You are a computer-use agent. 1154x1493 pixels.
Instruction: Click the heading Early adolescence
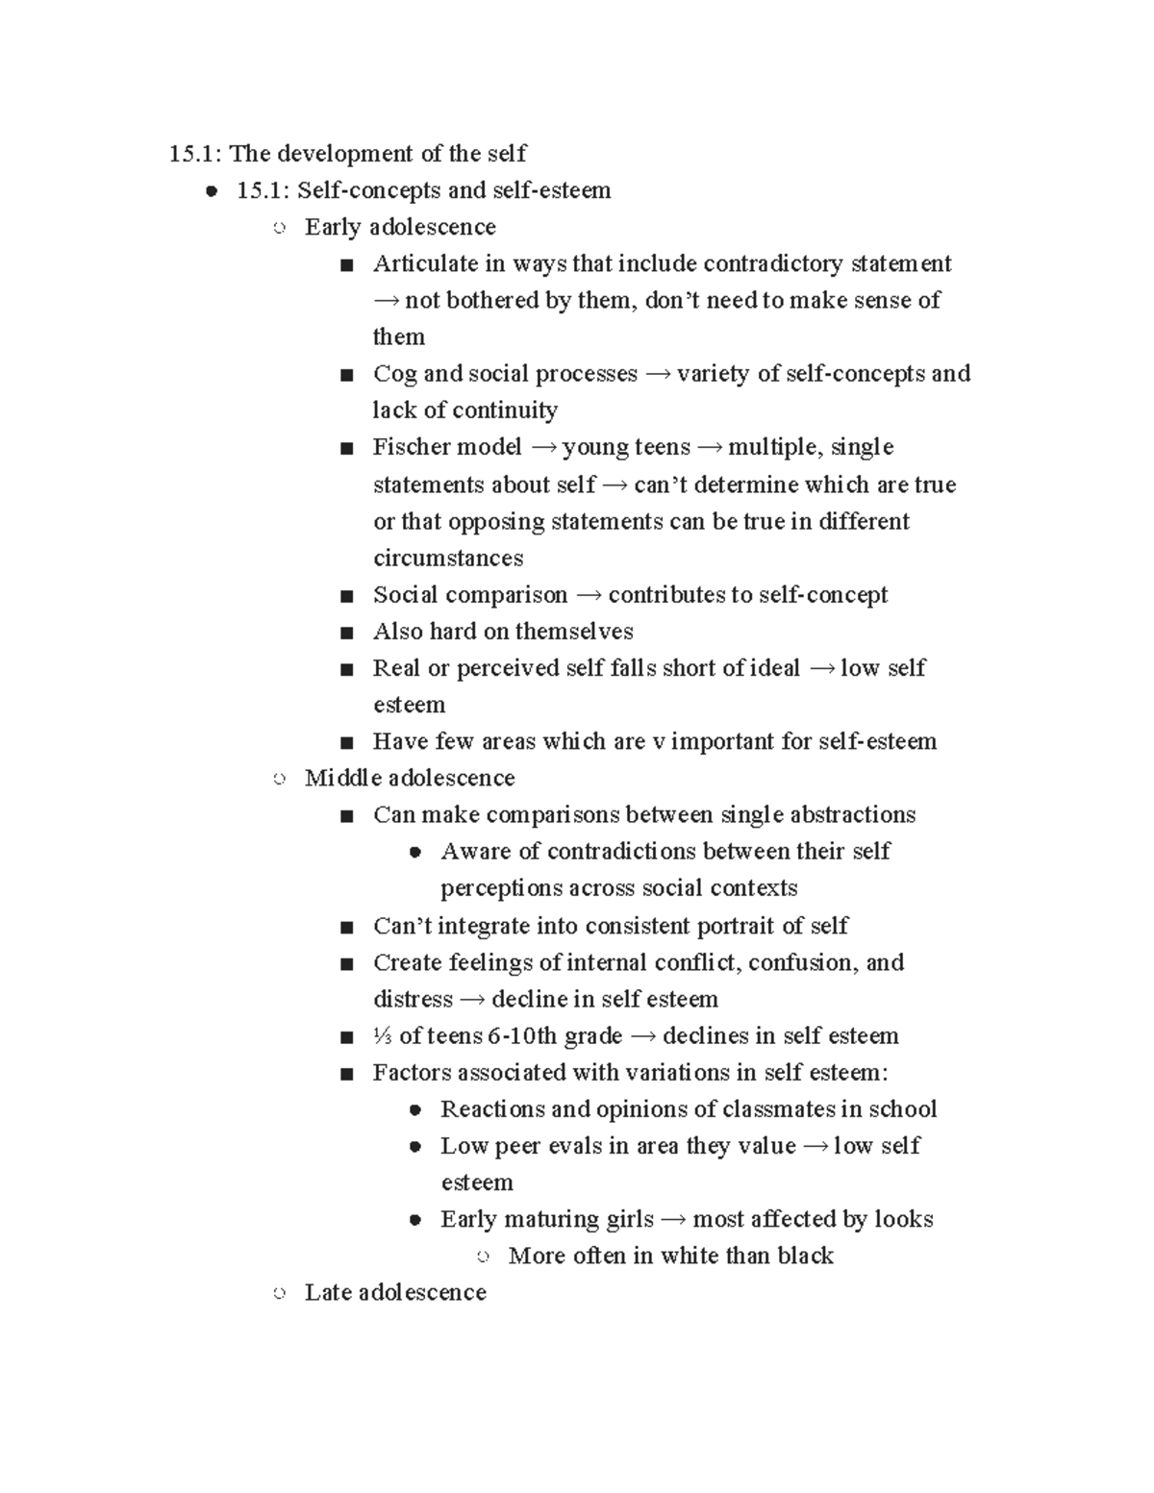pyautogui.click(x=400, y=227)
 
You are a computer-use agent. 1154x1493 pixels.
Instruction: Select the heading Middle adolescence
pyautogui.click(x=410, y=778)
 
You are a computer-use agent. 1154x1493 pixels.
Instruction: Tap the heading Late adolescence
pyautogui.click(x=395, y=1292)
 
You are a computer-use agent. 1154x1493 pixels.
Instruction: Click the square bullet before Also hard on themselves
pyautogui.click(x=347, y=633)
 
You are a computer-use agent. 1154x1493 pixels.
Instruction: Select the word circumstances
pyautogui.click(x=448, y=559)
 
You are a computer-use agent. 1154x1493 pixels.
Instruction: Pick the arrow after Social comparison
pyautogui.click(x=588, y=596)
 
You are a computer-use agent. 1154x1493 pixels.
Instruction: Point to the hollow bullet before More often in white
pyautogui.click(x=483, y=1257)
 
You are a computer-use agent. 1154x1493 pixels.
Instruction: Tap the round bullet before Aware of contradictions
pyautogui.click(x=415, y=852)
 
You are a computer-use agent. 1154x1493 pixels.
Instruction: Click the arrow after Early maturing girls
pyautogui.click(x=673, y=1220)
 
